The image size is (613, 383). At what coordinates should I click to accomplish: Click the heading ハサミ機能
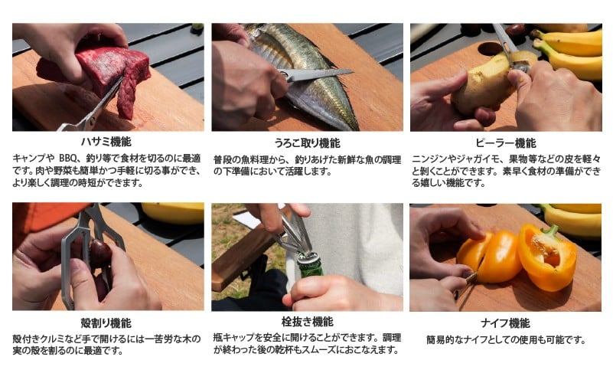108,142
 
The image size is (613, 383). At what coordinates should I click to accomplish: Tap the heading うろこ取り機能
307,142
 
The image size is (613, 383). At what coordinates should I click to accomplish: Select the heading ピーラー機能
505,142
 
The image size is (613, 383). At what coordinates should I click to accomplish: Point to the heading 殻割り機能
108,322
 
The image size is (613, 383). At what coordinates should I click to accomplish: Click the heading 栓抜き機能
307,322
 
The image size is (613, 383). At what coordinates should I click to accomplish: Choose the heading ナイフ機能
505,322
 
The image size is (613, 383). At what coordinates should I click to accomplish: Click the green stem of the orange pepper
549,231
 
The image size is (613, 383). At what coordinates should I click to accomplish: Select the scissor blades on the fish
314,75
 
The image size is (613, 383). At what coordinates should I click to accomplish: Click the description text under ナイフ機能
505,339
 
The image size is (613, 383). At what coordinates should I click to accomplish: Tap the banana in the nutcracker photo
172,212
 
